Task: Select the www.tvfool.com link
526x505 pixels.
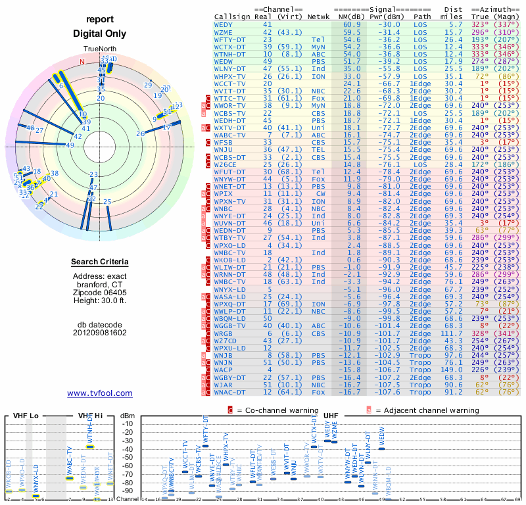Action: pos(100,393)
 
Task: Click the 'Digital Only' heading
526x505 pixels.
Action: pos(100,34)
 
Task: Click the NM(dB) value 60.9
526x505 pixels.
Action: pos(352,24)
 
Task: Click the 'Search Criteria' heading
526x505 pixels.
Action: pos(100,262)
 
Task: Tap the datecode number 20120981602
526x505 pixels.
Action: pos(100,332)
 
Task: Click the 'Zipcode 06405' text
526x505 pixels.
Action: pos(100,291)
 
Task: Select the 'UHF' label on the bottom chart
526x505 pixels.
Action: pos(331,416)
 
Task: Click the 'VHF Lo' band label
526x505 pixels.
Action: pos(21,416)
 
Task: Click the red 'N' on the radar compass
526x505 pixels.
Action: pos(82,62)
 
